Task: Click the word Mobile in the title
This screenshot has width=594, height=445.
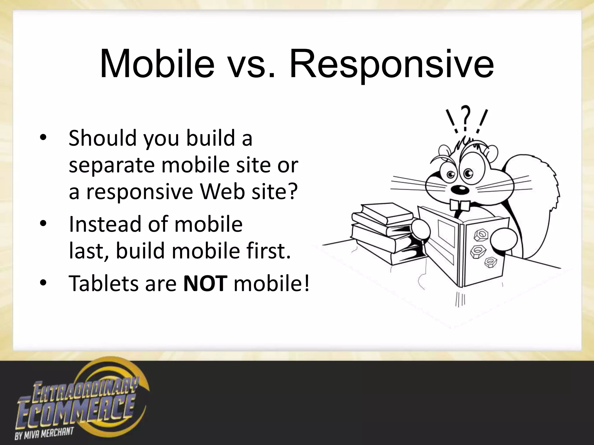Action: tap(157, 64)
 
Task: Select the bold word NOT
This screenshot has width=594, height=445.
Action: tap(205, 283)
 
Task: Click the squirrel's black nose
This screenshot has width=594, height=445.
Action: tap(460, 189)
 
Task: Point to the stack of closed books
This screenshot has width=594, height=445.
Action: tap(383, 232)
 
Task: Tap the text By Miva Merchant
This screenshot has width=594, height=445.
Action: tap(44, 432)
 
